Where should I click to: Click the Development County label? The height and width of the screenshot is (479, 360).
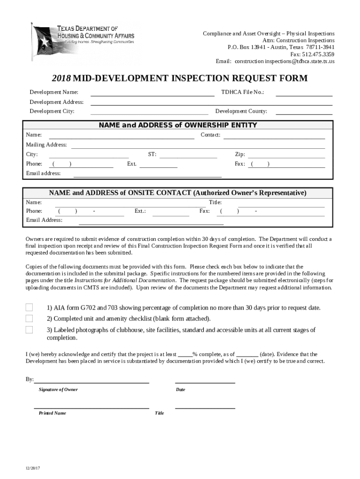[x=241, y=111]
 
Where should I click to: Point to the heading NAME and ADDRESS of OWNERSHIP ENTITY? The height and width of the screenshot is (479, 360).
[x=178, y=125]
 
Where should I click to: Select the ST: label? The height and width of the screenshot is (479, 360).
[x=152, y=154]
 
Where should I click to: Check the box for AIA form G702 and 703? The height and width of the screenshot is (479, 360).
[x=29, y=307]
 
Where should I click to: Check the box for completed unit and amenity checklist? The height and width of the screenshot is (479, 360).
[x=29, y=319]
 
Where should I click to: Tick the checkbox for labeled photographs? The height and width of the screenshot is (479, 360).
[x=29, y=330]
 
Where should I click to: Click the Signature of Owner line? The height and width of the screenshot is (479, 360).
[x=92, y=381]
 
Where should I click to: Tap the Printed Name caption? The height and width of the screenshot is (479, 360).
[x=52, y=414]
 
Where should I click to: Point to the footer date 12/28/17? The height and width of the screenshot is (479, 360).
[x=33, y=469]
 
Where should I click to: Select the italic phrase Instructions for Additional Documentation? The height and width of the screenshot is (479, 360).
[x=125, y=281]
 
